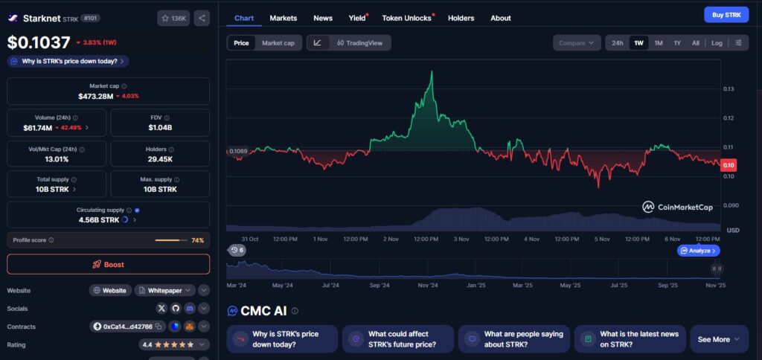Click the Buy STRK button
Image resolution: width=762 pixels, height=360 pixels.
(726, 15)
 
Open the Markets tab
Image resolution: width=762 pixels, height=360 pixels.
(284, 18)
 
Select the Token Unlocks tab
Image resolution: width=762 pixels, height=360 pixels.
(407, 18)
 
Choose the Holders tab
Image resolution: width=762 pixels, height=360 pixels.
(461, 18)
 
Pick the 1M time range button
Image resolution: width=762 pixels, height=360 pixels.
(659, 42)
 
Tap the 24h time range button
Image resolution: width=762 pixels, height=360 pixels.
(617, 42)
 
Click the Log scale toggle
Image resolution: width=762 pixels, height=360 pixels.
(717, 42)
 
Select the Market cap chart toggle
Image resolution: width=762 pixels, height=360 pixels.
(278, 42)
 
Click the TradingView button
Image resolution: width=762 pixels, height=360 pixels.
(359, 42)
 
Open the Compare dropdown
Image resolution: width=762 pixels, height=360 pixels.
(577, 42)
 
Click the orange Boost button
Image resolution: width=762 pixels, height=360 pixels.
(109, 264)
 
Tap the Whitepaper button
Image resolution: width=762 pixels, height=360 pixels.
(164, 291)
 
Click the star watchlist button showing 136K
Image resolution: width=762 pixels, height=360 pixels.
(173, 19)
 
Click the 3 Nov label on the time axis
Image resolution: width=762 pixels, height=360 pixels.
(461, 239)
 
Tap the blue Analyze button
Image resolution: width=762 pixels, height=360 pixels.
(698, 251)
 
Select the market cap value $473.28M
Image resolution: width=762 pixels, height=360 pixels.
(96, 96)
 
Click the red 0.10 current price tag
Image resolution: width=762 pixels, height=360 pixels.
(729, 165)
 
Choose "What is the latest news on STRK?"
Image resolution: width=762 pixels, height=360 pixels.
(630, 339)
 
